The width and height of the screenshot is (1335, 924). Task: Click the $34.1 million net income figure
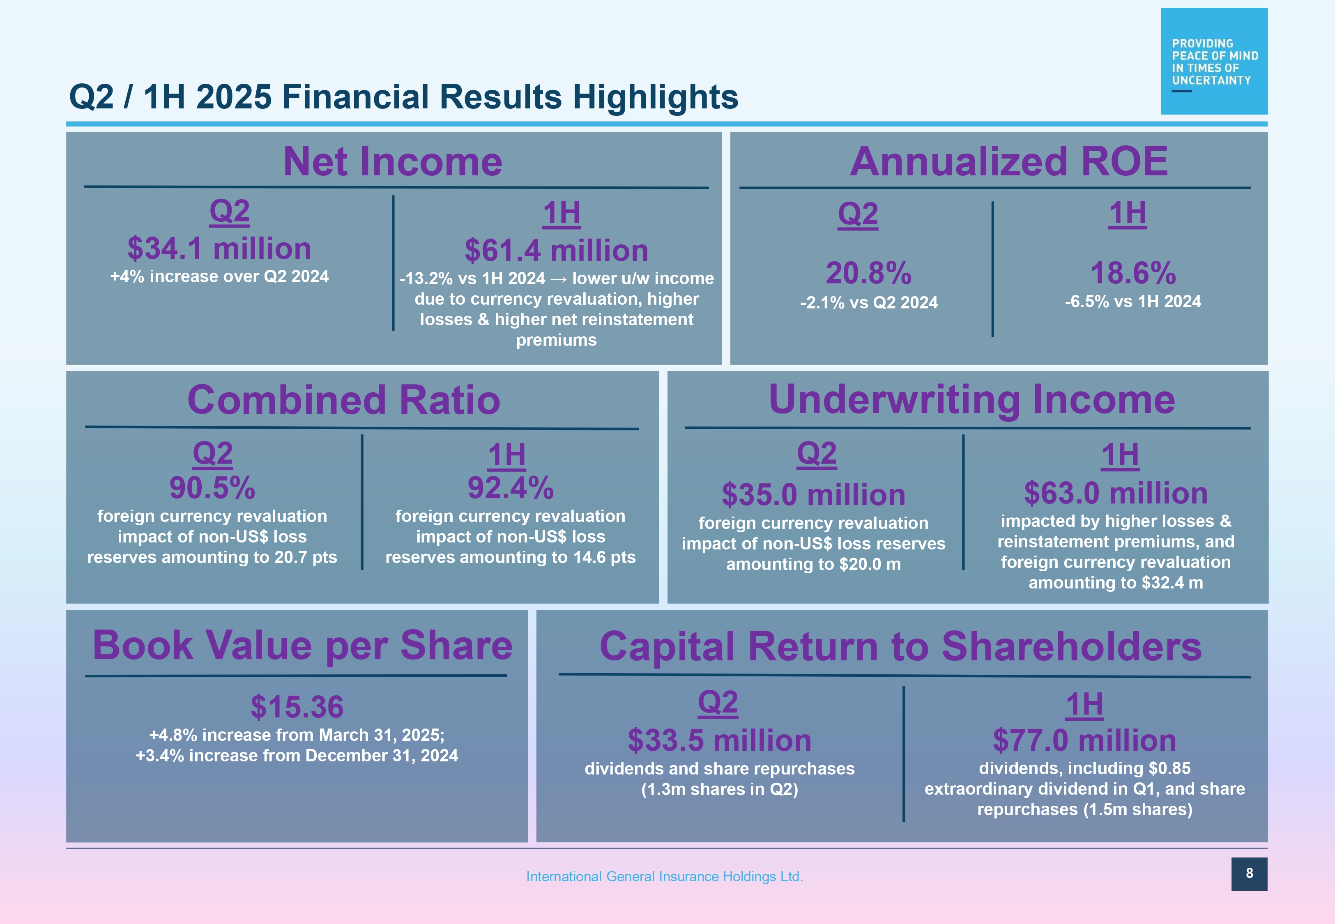point(219,248)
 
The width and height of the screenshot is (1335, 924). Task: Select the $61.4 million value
point(556,251)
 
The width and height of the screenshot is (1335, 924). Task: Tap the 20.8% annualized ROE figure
point(868,273)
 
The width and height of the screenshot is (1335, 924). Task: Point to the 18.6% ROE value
point(1133,273)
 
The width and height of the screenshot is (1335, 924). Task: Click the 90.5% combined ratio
point(212,487)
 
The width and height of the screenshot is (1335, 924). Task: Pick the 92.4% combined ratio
point(511,487)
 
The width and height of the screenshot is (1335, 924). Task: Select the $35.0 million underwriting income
point(813,495)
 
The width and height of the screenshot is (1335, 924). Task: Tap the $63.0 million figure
point(1116,493)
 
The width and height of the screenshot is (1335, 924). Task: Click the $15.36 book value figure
point(297,707)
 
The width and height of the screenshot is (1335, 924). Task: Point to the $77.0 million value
point(1084,740)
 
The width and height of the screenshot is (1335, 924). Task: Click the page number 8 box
point(1249,873)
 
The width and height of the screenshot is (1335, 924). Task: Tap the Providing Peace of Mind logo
point(1214,61)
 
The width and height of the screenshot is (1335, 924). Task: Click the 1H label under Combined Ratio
point(506,455)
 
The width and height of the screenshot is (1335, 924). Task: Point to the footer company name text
point(664,876)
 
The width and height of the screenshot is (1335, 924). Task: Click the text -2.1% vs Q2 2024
point(869,303)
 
